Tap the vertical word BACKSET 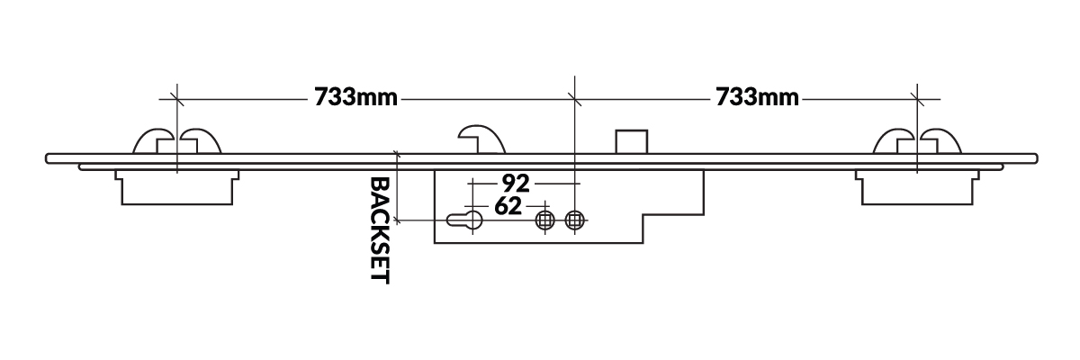point(379,229)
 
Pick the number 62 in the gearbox point(508,207)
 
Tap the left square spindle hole point(544,220)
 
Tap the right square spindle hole point(575,220)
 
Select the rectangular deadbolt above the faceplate point(631,142)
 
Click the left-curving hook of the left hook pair point(154,141)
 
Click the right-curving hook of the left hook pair point(202,141)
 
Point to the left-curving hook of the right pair point(895,141)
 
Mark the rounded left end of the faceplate point(49,158)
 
